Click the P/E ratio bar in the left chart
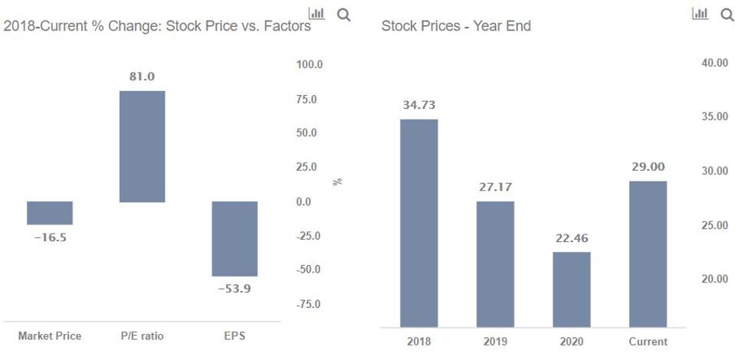click(x=142, y=146)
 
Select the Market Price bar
click(x=50, y=213)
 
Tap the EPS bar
click(x=235, y=238)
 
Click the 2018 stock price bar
click(x=418, y=223)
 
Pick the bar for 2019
click(x=495, y=264)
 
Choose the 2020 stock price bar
click(x=572, y=290)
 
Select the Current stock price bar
click(x=648, y=254)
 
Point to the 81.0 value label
click(x=142, y=77)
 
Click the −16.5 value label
click(x=50, y=237)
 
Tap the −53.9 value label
click(x=235, y=289)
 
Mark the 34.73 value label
click(x=418, y=105)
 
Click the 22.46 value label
click(x=572, y=237)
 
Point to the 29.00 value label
click(x=648, y=166)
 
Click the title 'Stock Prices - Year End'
click(x=456, y=26)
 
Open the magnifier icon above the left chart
click(x=343, y=14)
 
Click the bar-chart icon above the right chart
click(x=700, y=14)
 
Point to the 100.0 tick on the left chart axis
click(x=309, y=64)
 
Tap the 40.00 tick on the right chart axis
click(x=714, y=63)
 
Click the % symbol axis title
click(x=337, y=182)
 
